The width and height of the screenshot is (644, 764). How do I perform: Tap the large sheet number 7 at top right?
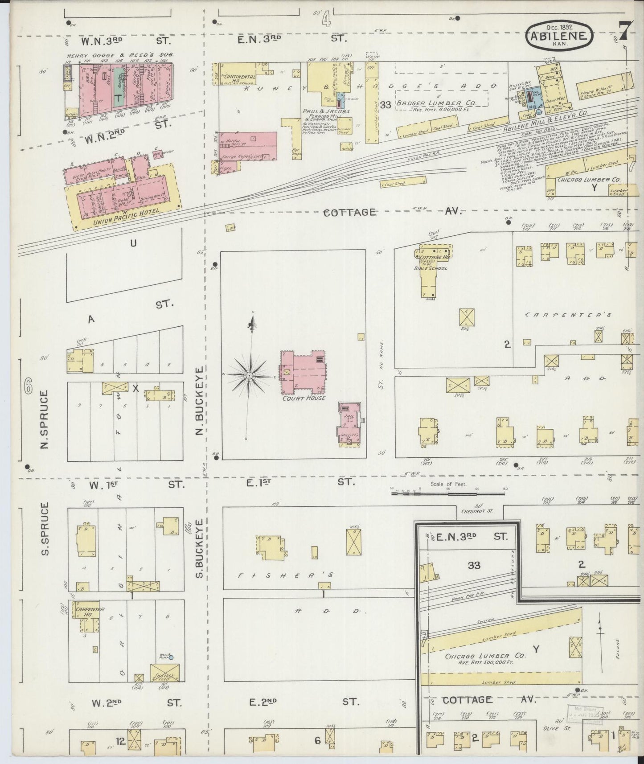click(623, 31)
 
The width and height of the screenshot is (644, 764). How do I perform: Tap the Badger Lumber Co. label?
click(444, 103)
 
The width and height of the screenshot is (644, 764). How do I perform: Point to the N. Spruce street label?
click(44, 419)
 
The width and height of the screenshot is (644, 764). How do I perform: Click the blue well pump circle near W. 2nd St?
click(171, 657)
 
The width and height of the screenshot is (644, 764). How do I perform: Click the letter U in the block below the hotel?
click(132, 243)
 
